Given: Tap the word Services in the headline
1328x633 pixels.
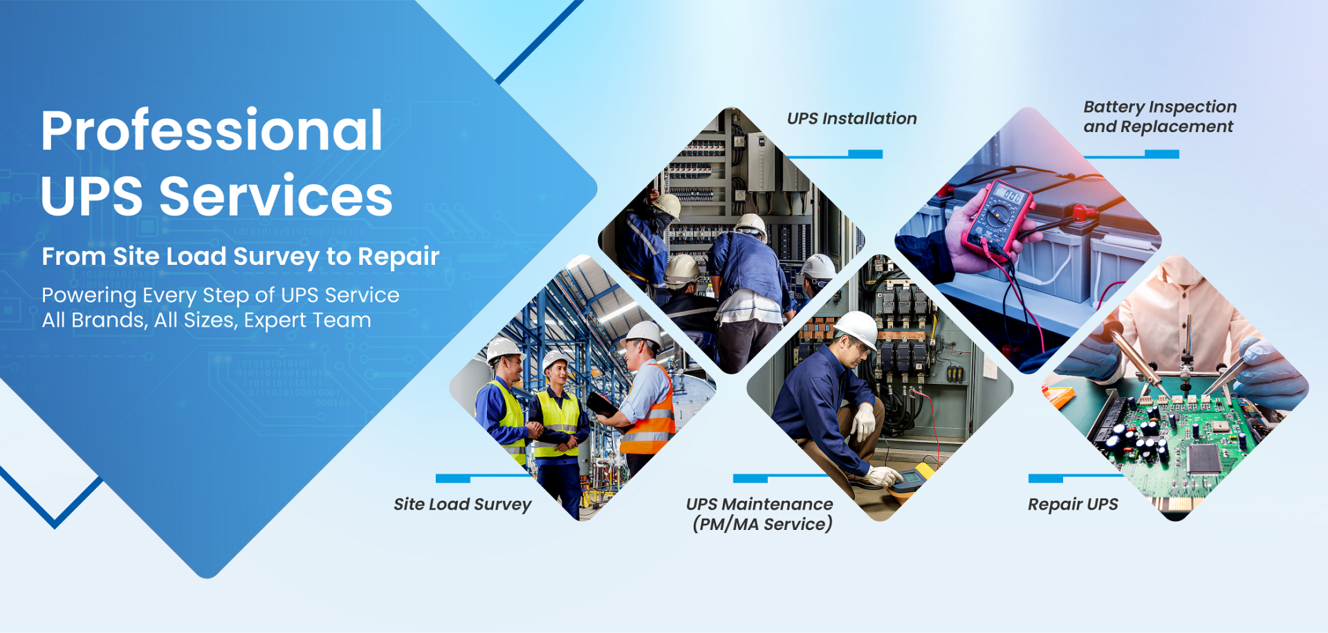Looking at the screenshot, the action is point(276,196).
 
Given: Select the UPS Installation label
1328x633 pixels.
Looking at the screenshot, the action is point(852,118).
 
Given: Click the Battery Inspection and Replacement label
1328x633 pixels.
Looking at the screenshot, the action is point(1160,117).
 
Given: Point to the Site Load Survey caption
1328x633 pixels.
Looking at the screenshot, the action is point(463,504).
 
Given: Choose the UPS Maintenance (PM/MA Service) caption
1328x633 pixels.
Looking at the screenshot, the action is point(760,514).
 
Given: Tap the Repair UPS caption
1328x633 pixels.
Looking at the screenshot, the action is point(1073,504).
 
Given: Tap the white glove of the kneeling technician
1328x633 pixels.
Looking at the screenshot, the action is point(864,420).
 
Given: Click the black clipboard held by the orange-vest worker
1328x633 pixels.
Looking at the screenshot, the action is point(602,404).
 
